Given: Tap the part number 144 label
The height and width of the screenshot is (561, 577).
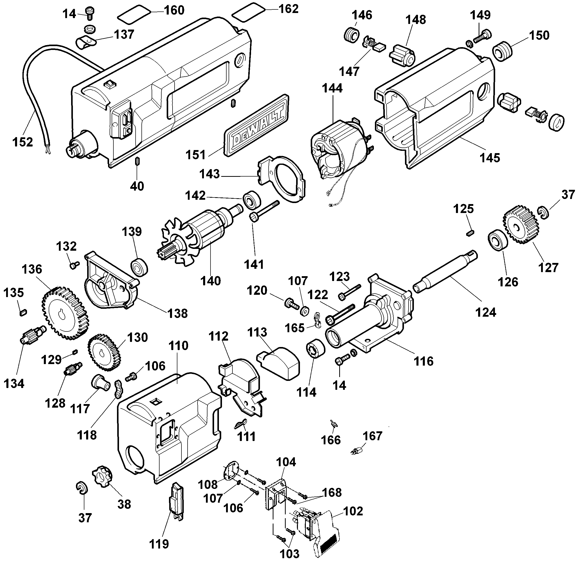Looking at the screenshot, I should [332, 88].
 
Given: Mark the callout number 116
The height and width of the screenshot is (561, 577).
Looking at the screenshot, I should [424, 361].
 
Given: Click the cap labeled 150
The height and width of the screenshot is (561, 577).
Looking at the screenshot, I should [502, 51].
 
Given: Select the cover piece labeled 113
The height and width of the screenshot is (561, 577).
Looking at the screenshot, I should [281, 362].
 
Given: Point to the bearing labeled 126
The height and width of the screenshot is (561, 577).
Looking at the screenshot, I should [498, 240].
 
